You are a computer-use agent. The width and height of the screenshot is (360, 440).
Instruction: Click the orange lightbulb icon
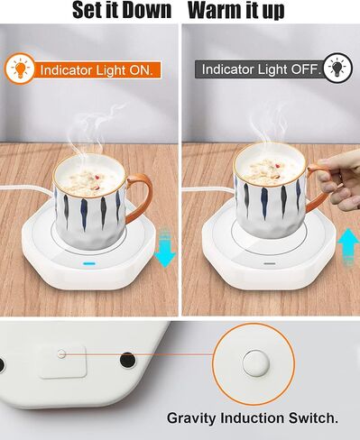pos(20,69)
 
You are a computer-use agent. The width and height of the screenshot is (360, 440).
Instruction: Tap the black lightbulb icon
pos(338,68)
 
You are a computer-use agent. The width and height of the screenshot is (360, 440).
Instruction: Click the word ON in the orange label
pos(141,70)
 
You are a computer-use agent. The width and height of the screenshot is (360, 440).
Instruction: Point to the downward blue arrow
pos(164,248)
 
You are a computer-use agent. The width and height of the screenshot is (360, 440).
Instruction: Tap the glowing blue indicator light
pos(89,264)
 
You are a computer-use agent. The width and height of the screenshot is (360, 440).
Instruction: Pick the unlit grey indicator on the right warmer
pos(270,263)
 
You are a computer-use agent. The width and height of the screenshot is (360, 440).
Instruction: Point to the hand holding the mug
pos(338,181)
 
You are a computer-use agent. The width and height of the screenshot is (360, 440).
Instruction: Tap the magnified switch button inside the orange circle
pos(255,362)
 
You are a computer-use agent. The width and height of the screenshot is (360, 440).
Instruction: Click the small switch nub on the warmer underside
pos(61,353)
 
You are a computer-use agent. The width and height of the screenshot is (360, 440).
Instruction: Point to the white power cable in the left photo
pos(26,188)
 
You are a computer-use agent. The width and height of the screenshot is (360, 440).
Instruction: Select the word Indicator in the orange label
pos(66,70)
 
